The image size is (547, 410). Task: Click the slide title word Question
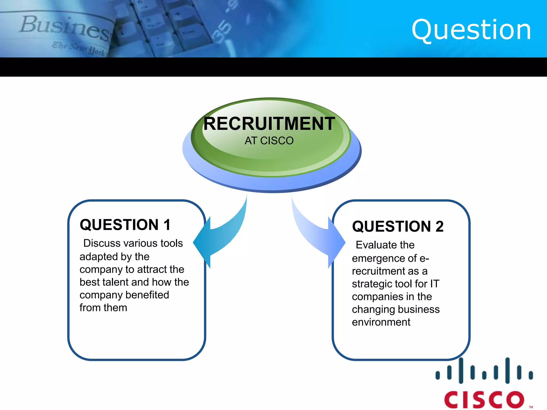click(x=471, y=30)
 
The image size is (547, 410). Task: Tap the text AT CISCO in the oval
click(x=269, y=141)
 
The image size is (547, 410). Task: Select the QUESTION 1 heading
click(x=125, y=225)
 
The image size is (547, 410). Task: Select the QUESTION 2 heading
click(x=398, y=226)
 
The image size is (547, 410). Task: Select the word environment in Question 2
click(x=381, y=322)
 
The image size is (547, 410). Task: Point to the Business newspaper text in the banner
click(x=64, y=28)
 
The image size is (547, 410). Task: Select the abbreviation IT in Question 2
click(x=435, y=284)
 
